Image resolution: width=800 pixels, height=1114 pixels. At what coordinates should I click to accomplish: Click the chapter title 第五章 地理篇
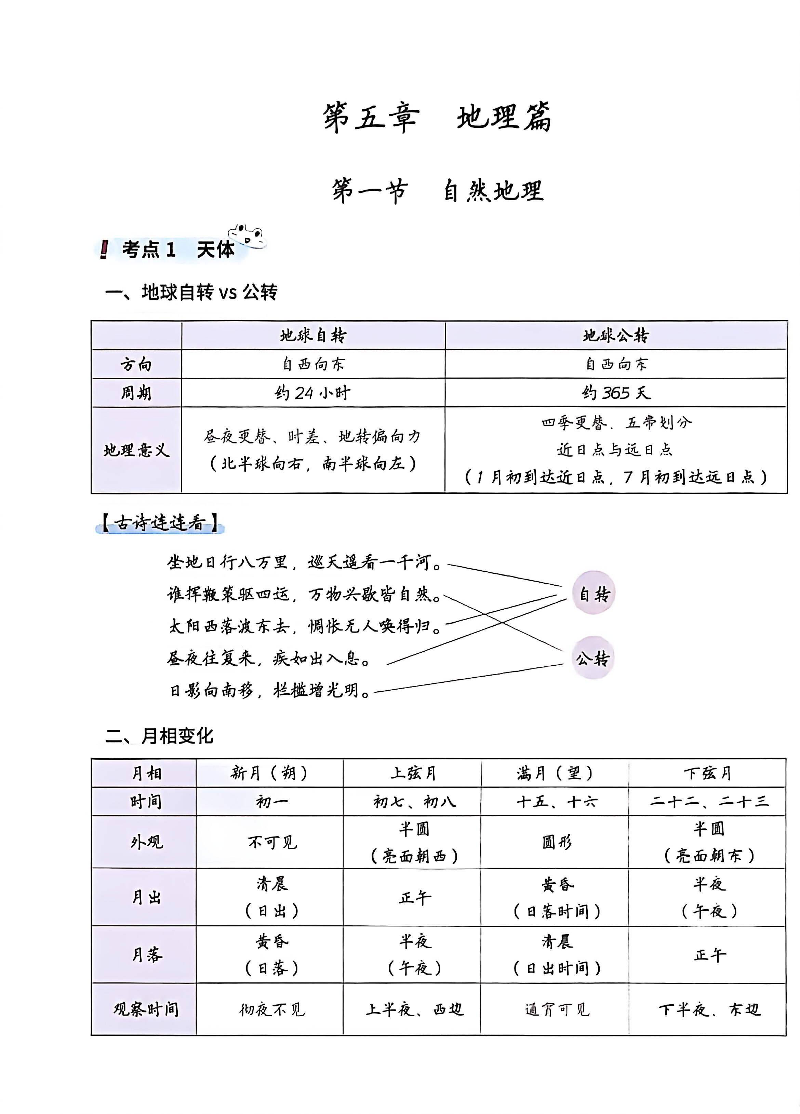click(437, 118)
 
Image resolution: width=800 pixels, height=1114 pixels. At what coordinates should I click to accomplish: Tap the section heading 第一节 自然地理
click(437, 191)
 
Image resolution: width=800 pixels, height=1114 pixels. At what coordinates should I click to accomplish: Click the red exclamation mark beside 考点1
click(104, 249)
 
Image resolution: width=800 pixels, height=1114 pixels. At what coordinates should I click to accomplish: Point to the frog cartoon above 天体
click(247, 235)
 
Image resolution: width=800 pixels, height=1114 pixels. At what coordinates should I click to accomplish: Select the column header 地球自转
click(313, 336)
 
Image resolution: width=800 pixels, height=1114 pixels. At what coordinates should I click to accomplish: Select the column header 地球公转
click(615, 336)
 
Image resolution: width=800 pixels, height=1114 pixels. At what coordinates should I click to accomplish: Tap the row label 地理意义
click(136, 450)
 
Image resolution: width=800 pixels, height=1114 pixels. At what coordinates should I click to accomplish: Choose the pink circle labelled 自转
click(594, 594)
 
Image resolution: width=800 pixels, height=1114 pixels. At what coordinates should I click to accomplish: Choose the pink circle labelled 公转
click(593, 658)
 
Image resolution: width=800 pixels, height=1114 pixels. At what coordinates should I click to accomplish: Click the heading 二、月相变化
click(159, 736)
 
